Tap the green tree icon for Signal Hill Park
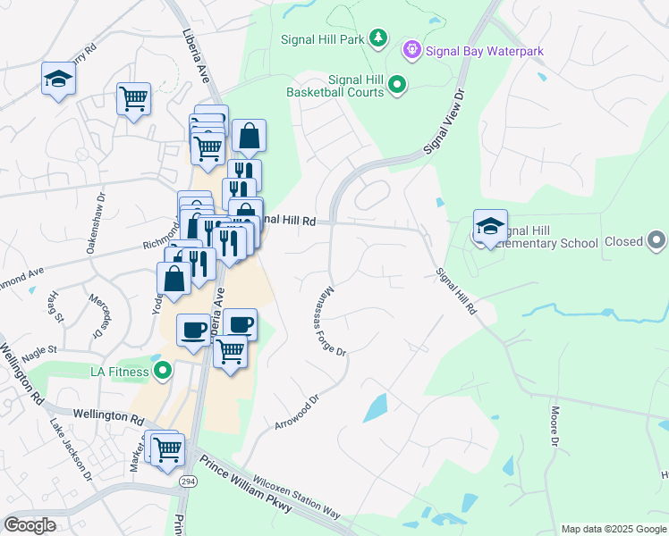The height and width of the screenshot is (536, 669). (378, 37)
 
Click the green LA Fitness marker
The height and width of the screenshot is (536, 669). (162, 370)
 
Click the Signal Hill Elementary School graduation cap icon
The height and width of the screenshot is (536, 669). (490, 228)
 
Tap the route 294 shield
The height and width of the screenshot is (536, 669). (188, 482)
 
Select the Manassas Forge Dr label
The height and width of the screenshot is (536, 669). (331, 321)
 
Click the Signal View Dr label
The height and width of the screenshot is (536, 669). (446, 120)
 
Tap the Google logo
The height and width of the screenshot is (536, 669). (30, 525)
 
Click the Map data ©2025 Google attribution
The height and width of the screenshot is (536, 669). (613, 529)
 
